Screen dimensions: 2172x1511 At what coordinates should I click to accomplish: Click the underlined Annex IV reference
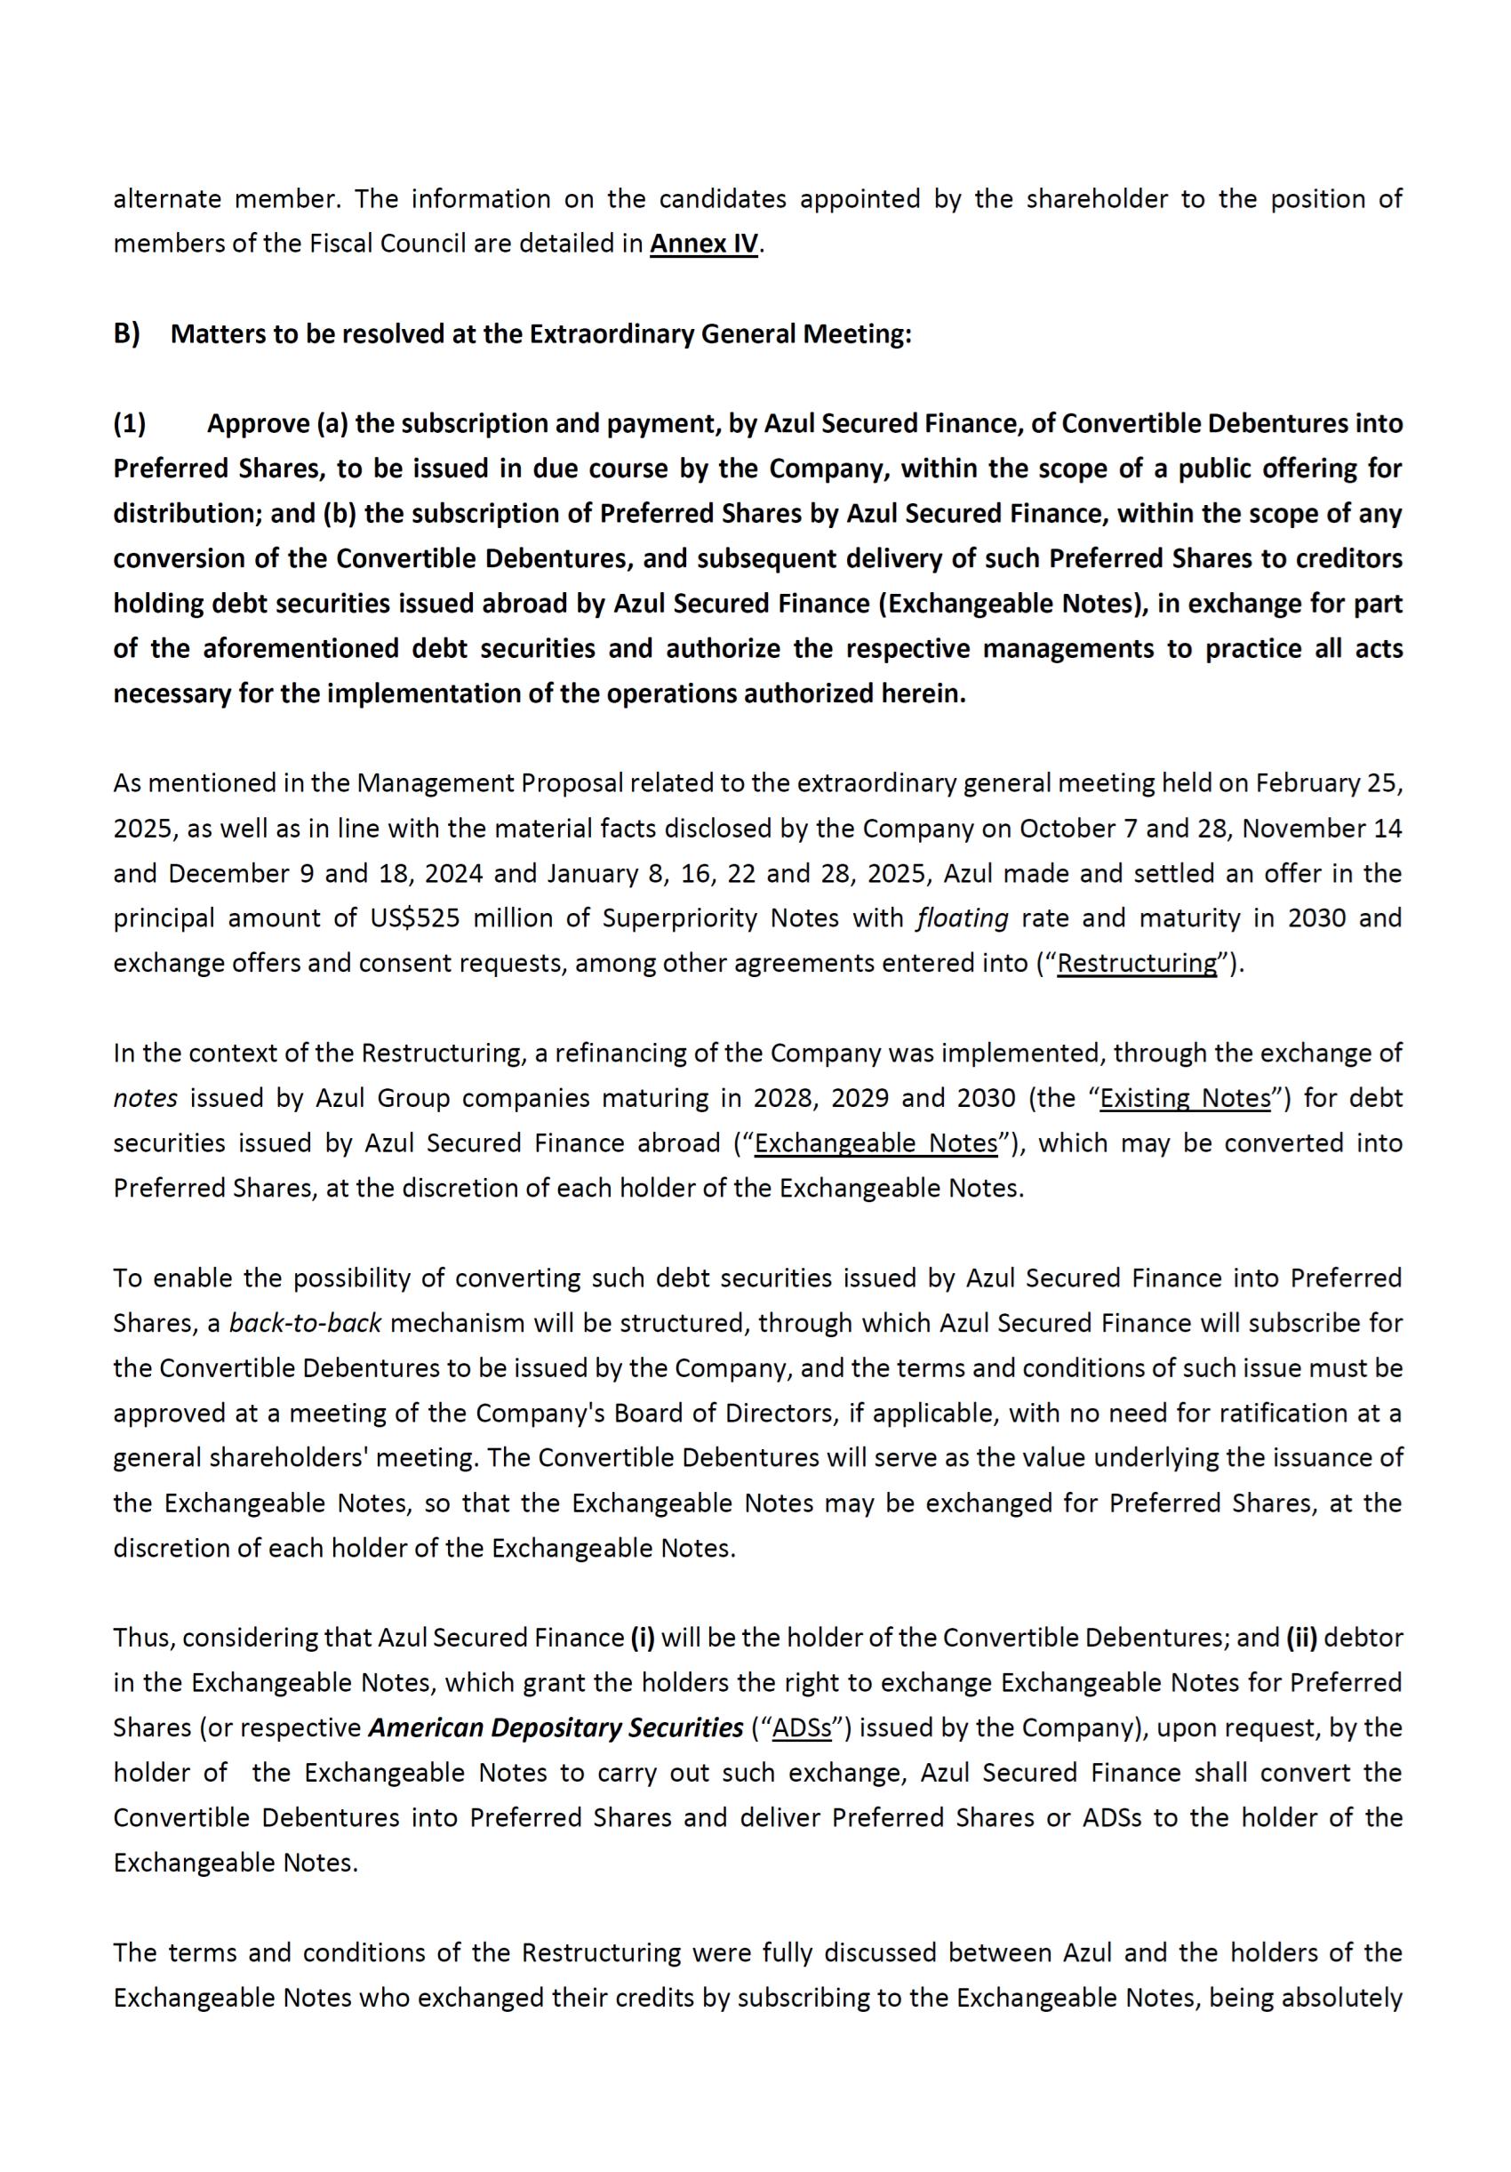pyautogui.click(x=703, y=244)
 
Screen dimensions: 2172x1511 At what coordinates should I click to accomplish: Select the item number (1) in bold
pyautogui.click(x=130, y=424)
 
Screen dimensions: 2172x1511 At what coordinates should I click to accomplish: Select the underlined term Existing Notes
pyautogui.click(x=1185, y=1098)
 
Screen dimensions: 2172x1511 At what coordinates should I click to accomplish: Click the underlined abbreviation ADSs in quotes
pyautogui.click(x=802, y=1728)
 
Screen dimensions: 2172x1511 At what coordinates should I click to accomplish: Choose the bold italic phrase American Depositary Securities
pyautogui.click(x=555, y=1728)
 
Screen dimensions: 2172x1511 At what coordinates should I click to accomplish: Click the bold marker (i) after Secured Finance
pyautogui.click(x=642, y=1639)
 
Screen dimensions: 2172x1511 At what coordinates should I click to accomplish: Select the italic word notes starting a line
pyautogui.click(x=145, y=1098)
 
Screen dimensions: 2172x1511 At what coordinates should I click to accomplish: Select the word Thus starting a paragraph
pyautogui.click(x=140, y=1639)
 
